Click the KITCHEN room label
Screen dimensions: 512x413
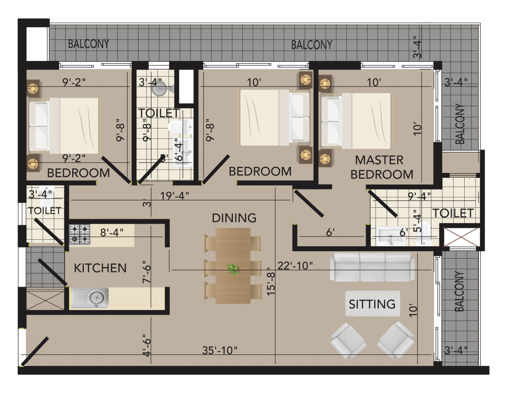click(x=100, y=268)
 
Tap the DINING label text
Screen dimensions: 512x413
click(x=234, y=218)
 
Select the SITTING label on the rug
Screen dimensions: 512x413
click(x=372, y=304)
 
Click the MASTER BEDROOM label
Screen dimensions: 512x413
click(x=381, y=167)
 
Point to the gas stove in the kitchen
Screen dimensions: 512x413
click(x=80, y=234)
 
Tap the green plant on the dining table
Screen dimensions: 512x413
click(x=233, y=270)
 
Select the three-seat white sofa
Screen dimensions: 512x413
click(x=372, y=267)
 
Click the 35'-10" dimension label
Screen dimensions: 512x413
click(x=219, y=350)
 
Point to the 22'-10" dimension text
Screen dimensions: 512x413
click(x=295, y=266)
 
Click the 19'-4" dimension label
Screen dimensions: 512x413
click(x=175, y=196)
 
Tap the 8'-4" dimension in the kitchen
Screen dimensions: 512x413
click(x=112, y=233)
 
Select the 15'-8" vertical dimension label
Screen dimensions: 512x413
click(x=271, y=282)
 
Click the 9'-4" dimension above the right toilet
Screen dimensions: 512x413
click(x=419, y=196)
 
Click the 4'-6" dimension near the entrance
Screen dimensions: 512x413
click(x=146, y=345)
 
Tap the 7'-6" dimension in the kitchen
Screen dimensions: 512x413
click(x=146, y=272)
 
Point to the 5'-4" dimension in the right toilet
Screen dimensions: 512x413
click(x=417, y=221)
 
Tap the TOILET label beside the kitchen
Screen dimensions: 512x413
click(x=45, y=211)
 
